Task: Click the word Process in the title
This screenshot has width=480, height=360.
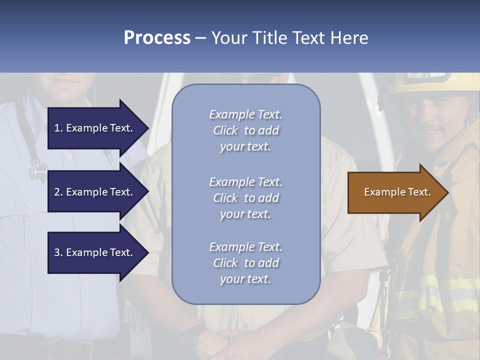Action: click(157, 38)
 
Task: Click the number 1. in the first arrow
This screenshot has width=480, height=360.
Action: click(58, 128)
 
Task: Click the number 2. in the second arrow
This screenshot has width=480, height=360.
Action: click(58, 192)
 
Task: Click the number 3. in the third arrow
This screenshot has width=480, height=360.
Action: click(58, 252)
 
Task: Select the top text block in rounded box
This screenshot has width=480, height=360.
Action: click(245, 130)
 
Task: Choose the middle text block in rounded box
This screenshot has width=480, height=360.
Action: click(245, 198)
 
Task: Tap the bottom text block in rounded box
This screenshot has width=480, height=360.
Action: click(245, 263)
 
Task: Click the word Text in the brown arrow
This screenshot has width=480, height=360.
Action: click(419, 192)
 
